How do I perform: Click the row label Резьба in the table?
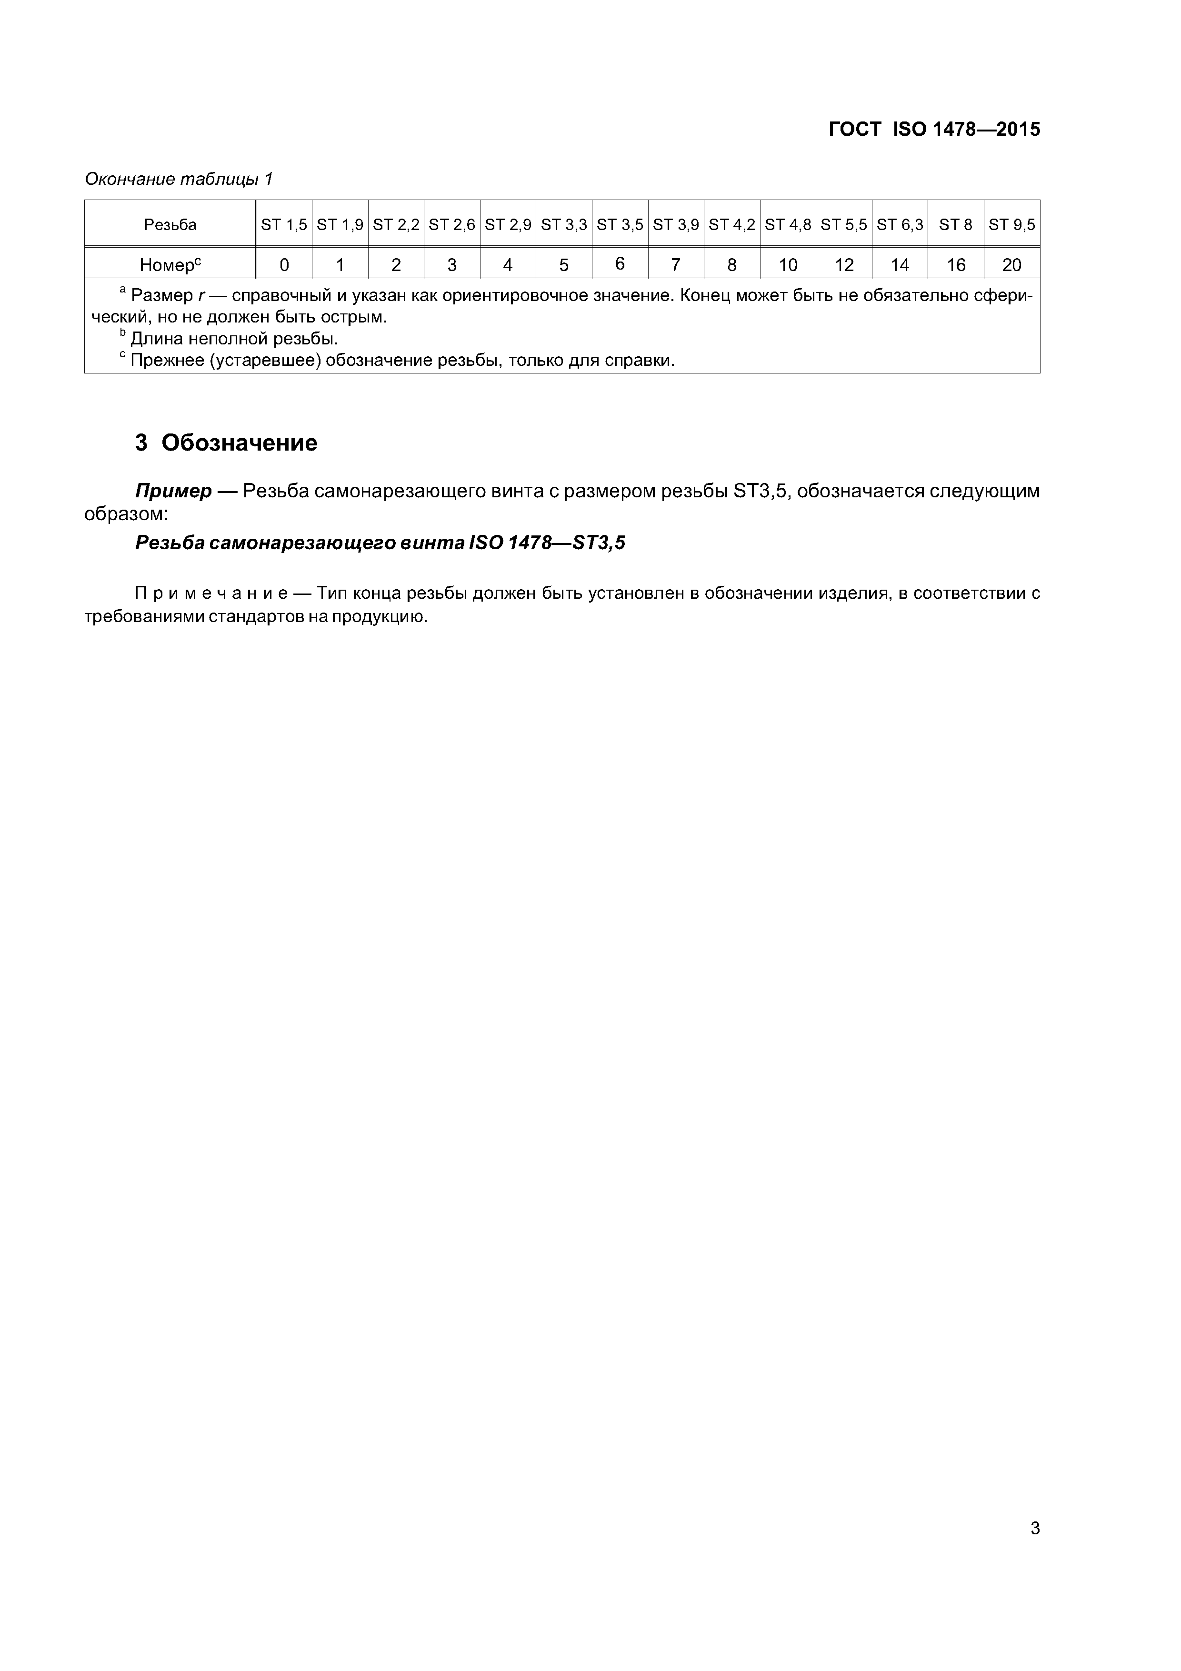click(x=170, y=225)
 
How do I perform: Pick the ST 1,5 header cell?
click(x=284, y=225)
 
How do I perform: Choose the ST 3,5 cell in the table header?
click(x=620, y=225)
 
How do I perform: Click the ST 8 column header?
click(x=955, y=225)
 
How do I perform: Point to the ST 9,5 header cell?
click(x=1011, y=225)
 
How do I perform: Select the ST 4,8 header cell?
click(x=788, y=225)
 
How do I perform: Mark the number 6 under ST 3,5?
click(x=620, y=264)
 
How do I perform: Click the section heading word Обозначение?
click(x=240, y=443)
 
